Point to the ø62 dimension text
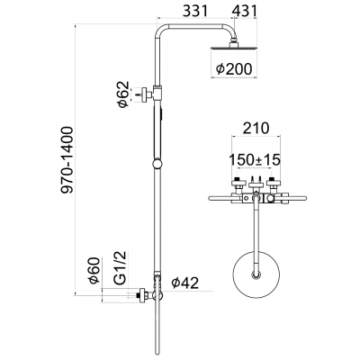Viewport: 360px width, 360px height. (x=124, y=93)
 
